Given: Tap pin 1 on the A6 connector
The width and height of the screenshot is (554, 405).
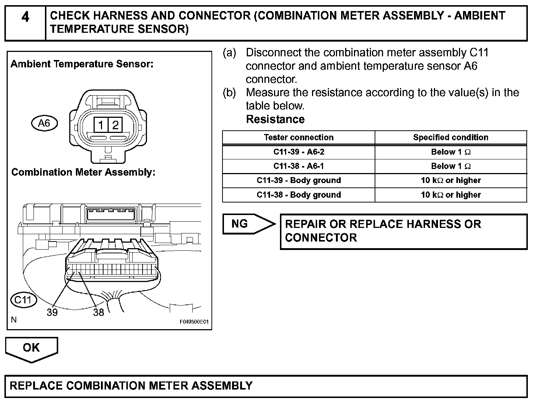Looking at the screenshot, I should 100,126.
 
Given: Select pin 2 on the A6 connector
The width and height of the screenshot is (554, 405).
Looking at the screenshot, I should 115,126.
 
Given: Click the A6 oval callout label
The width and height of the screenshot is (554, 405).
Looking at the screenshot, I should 44,123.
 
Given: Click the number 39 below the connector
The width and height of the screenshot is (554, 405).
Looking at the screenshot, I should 52,313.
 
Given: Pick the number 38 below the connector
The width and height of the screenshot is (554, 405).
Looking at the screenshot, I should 98,313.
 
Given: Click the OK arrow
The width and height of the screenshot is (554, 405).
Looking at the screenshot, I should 31,348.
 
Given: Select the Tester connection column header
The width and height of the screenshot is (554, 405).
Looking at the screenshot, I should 298,137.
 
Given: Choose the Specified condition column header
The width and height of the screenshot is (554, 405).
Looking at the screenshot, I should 450,137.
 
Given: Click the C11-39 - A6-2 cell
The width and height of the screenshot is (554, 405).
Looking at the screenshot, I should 298,152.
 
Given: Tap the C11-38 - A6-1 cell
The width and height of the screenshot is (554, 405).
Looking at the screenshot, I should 298,166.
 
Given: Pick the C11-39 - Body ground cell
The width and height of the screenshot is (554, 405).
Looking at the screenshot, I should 298,180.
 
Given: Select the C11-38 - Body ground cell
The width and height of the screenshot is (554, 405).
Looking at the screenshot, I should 298,195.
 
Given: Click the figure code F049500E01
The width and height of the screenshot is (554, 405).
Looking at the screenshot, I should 194,322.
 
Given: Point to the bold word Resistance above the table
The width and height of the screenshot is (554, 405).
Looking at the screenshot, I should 275,119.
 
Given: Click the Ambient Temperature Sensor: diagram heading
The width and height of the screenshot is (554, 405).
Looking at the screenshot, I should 82,64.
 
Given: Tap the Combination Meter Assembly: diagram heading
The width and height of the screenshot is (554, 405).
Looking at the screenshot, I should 83,172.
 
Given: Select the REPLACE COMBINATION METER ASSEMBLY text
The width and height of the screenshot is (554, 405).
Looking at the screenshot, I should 131,385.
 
